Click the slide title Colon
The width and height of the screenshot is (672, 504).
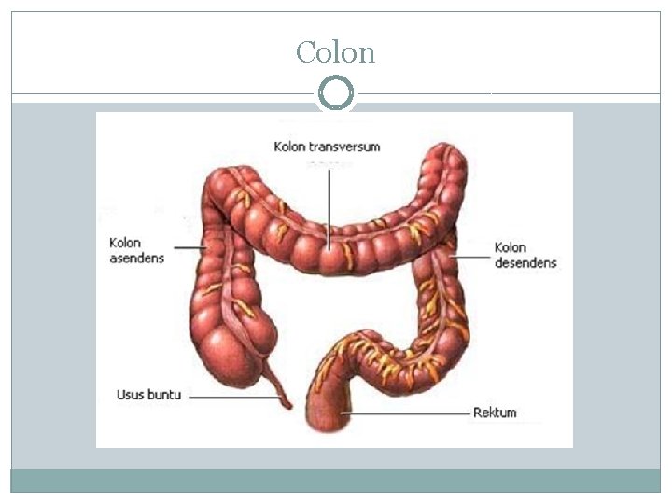[335, 52]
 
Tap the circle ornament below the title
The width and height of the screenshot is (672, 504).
[336, 93]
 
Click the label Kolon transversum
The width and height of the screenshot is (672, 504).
[327, 147]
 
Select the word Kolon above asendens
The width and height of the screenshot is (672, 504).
[124, 244]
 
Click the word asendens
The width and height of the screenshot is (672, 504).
[136, 258]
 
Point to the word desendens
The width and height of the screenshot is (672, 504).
[525, 262]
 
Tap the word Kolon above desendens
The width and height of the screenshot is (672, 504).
[511, 248]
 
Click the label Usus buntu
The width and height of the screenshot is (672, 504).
[149, 395]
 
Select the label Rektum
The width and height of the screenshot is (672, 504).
[495, 413]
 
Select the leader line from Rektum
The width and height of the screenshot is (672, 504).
[411, 413]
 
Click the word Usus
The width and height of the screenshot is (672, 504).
[131, 395]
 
